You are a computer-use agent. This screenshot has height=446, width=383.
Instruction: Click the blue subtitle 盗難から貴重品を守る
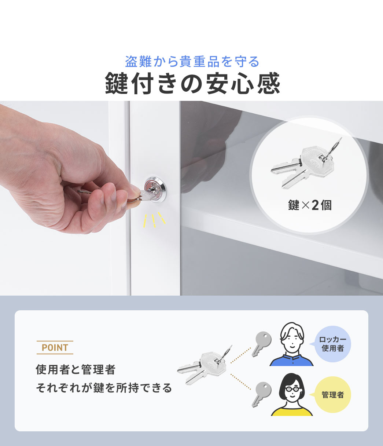[x=192, y=62]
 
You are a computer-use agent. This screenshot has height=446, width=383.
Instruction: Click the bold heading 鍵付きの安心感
[x=192, y=84]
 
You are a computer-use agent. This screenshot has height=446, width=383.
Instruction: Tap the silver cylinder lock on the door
[x=155, y=189]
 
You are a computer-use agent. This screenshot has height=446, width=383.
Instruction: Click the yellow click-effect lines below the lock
[x=154, y=219]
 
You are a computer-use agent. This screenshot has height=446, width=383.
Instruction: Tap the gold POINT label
[x=55, y=347]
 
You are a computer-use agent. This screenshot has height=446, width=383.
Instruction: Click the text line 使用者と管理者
[x=76, y=370]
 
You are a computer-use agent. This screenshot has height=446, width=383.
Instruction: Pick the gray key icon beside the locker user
[x=261, y=343]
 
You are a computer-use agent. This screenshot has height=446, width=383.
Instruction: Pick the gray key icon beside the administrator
[x=261, y=394]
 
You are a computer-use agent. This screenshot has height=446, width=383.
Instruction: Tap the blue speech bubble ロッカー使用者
[x=332, y=344]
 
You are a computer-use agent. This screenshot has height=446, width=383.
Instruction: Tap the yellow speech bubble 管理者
[x=332, y=395]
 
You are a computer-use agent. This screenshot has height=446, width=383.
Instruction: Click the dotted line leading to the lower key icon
[x=240, y=382]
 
